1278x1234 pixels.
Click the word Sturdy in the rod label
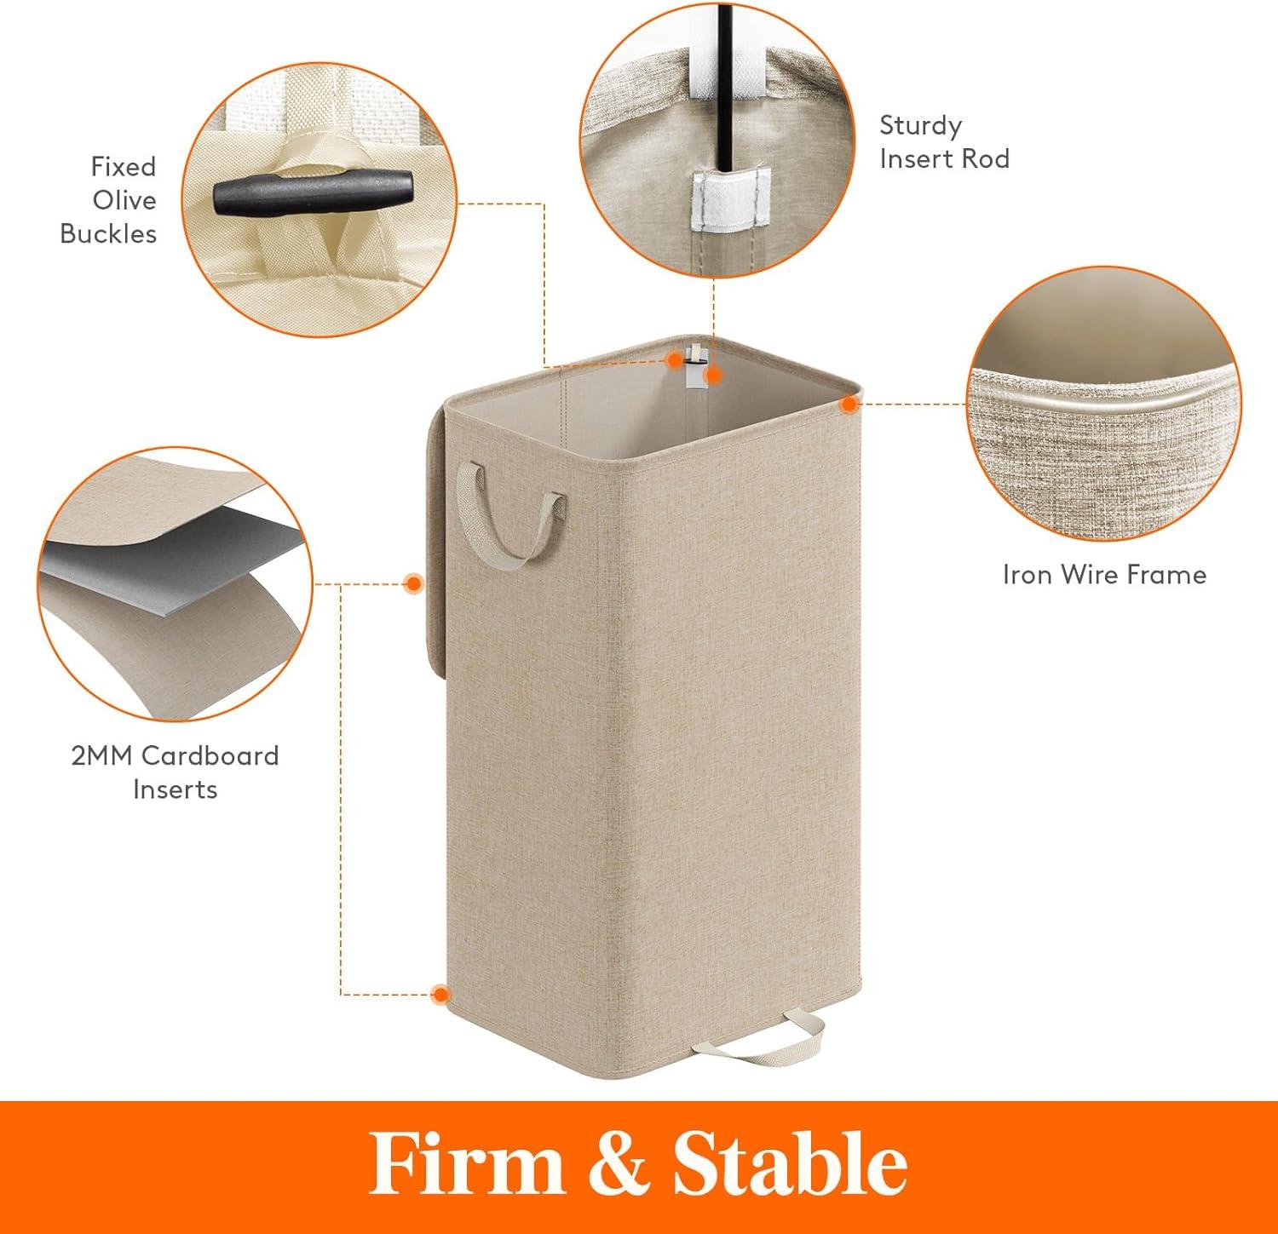[920, 126]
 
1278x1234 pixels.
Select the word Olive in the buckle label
[124, 200]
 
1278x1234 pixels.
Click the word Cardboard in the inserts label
[210, 755]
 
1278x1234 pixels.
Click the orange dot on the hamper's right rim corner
[849, 405]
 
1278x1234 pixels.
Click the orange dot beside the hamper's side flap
[414, 583]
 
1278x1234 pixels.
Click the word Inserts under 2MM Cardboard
[176, 789]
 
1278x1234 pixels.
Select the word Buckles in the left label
[108, 234]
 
